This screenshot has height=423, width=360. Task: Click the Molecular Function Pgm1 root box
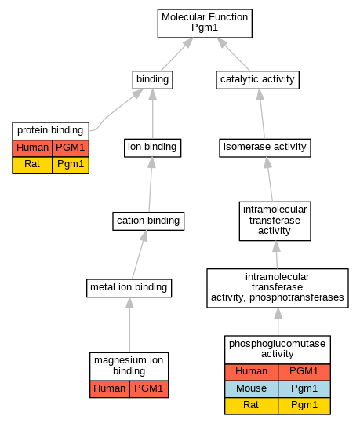205,24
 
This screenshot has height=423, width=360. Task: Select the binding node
153,80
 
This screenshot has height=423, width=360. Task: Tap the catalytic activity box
257,80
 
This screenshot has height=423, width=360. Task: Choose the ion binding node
153,148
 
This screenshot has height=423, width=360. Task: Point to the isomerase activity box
265,148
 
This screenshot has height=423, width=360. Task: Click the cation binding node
148,221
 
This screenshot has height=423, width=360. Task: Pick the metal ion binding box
129,288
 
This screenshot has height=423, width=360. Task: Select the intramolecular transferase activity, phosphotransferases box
278,288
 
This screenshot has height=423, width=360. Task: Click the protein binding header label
50,131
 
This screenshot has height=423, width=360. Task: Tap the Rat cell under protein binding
32,165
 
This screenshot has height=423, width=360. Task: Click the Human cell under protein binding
32,148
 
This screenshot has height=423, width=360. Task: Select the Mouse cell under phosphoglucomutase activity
251,388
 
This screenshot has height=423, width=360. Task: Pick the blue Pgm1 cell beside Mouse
304,388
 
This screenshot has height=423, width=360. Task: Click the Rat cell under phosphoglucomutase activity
251,406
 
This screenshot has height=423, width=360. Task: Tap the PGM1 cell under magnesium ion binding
149,389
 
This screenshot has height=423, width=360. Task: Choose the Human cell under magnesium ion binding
110,389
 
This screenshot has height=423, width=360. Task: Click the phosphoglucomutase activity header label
278,350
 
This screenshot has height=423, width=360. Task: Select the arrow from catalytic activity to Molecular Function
233,54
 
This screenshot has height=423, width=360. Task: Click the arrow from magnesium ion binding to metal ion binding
129,325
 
